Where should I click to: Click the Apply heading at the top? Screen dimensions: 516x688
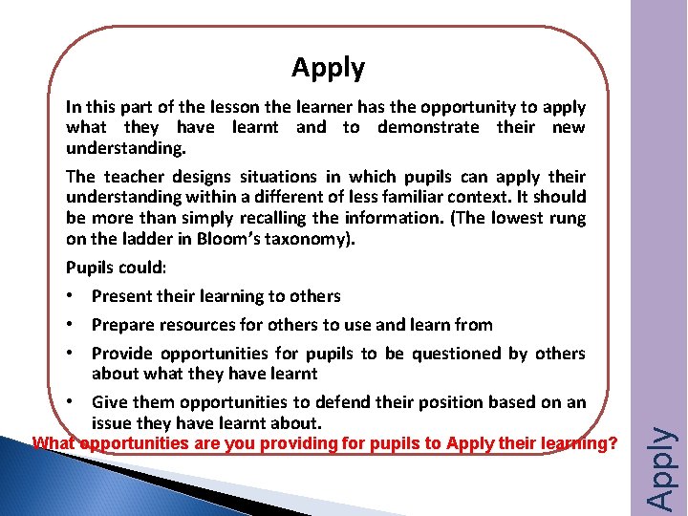(328, 69)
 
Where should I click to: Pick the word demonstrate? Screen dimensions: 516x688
(428, 127)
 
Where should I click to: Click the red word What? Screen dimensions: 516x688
(54, 443)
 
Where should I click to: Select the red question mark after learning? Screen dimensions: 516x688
(613, 443)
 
